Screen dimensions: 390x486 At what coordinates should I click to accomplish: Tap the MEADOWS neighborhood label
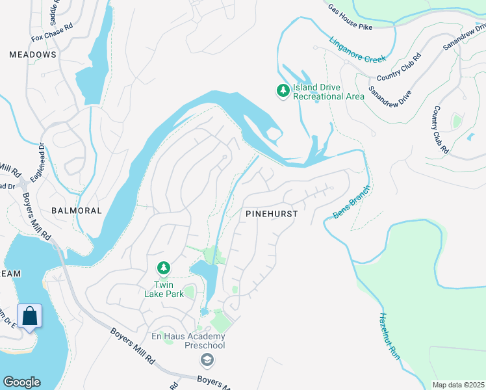(x=32, y=55)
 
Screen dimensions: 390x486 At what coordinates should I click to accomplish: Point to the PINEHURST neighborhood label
(x=272, y=213)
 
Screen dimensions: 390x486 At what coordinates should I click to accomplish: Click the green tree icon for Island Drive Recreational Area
(x=283, y=91)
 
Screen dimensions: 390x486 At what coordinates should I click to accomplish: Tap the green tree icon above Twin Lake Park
(x=164, y=267)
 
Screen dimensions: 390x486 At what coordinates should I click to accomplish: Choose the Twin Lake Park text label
(x=164, y=289)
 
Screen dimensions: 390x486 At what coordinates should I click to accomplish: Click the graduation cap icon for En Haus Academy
(x=207, y=359)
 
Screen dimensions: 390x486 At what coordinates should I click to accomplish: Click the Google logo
(x=21, y=382)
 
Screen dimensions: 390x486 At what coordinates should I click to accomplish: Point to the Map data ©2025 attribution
(x=457, y=385)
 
